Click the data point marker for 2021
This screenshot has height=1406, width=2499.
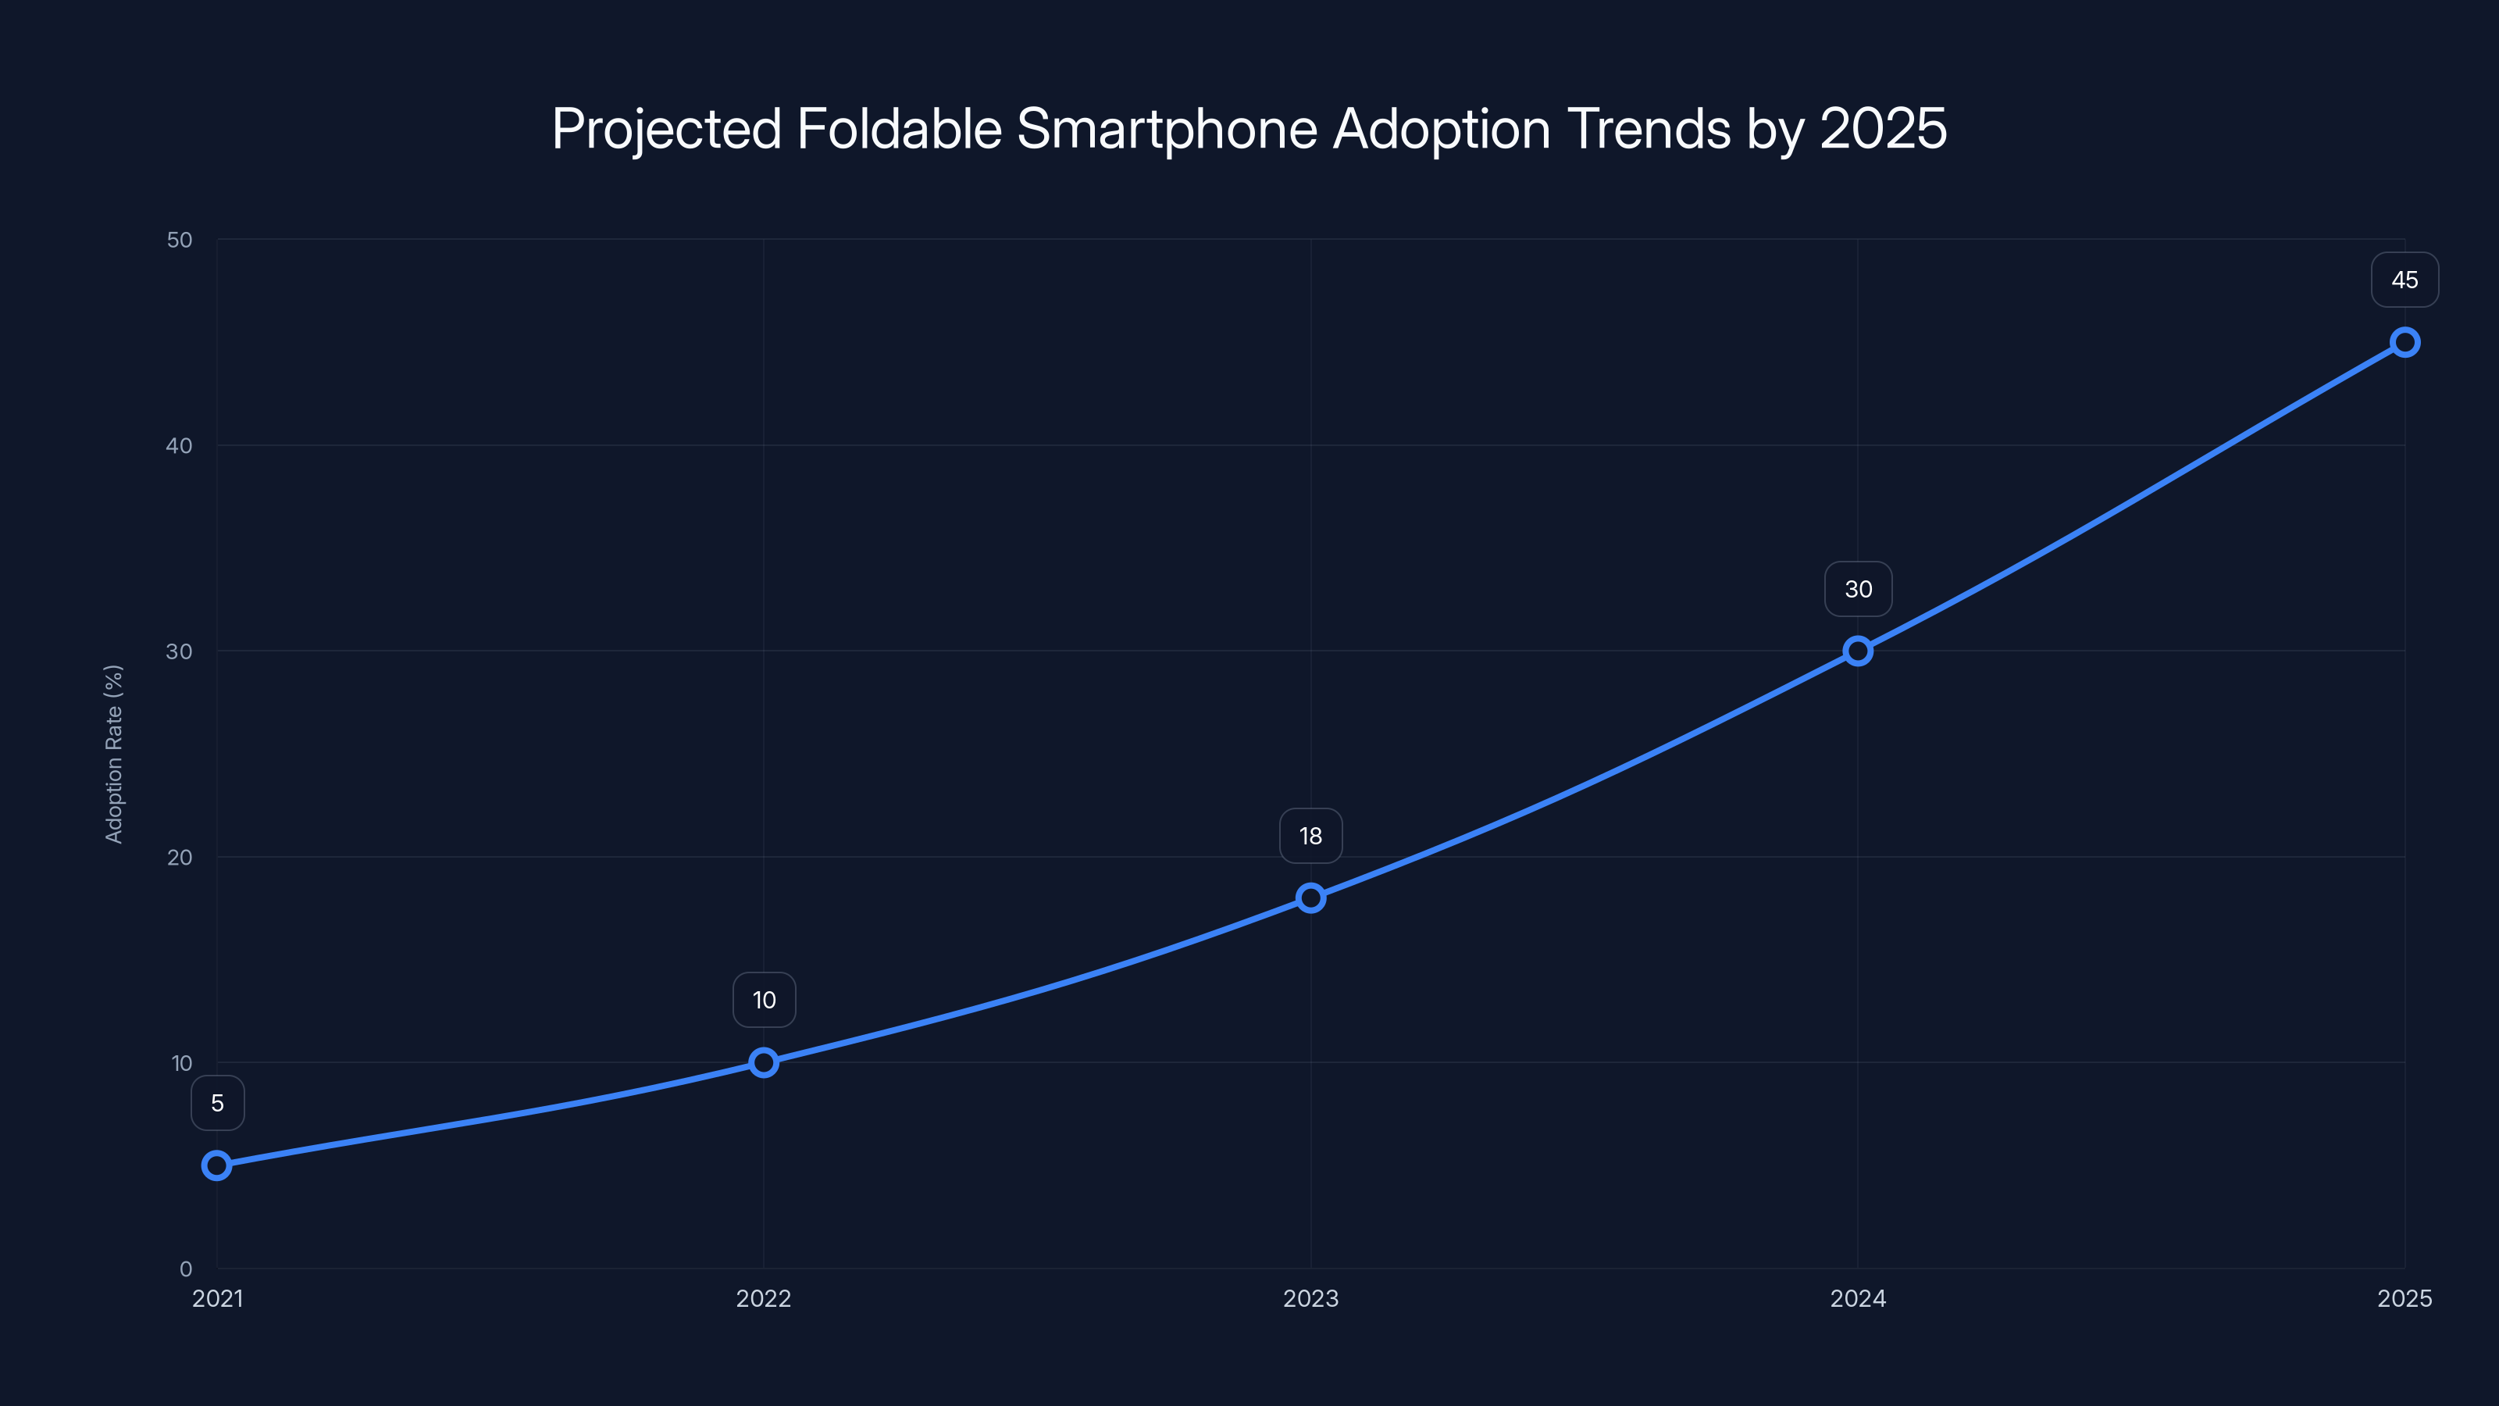tap(217, 1165)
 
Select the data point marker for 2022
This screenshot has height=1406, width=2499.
tap(764, 1062)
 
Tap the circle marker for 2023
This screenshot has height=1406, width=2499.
tap(1310, 897)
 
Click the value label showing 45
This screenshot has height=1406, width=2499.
tap(2405, 280)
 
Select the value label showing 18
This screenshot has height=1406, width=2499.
tap(1310, 837)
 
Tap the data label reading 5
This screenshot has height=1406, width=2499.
tap(217, 1103)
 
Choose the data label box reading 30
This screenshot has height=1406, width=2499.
tap(1858, 589)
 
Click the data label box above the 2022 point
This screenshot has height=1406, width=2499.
tap(764, 1001)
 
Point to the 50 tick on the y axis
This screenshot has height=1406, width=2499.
tap(180, 240)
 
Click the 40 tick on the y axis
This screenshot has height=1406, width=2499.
tap(180, 445)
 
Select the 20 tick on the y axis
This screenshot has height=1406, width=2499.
tap(180, 857)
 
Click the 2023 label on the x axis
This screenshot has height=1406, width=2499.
tap(1310, 1298)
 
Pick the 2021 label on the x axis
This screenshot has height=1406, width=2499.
tap(217, 1298)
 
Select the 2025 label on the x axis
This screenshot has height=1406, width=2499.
tap(2405, 1298)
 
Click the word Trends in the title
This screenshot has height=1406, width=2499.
tap(1649, 128)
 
